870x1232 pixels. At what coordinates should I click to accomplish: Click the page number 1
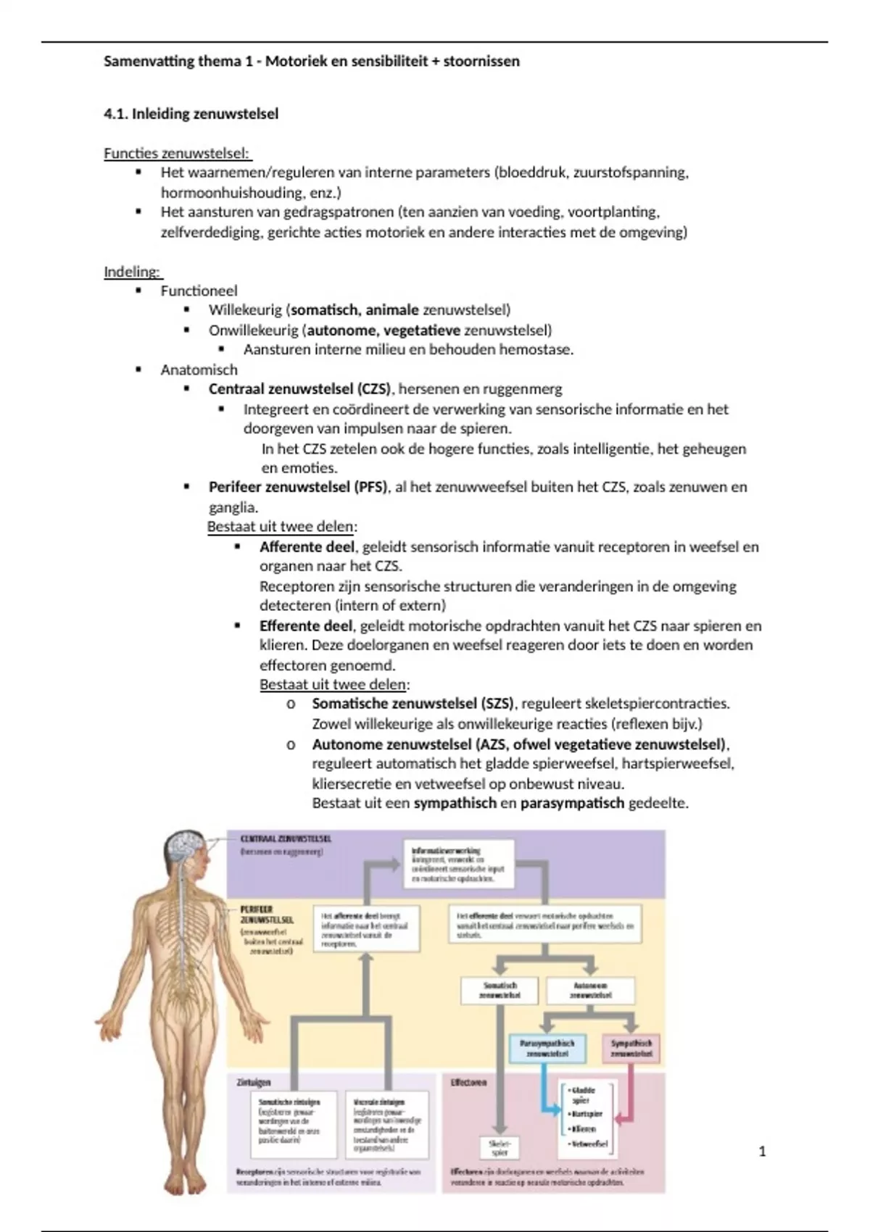tap(762, 1151)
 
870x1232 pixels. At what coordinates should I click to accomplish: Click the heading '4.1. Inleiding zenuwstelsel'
tap(191, 114)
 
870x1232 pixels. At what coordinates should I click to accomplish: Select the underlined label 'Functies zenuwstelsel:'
tap(177, 153)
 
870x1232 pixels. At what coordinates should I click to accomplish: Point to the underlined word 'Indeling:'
tap(132, 272)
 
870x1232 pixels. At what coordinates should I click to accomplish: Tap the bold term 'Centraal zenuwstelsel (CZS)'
tap(299, 389)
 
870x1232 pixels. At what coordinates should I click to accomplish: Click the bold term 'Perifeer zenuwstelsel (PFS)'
tap(298, 487)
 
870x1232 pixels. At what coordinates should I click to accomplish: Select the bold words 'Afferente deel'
tap(307, 546)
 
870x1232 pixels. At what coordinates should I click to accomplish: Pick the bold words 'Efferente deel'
tap(306, 625)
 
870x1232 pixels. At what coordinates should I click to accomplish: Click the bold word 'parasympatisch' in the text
tap(572, 803)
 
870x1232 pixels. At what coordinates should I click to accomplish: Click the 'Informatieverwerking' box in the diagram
tap(458, 864)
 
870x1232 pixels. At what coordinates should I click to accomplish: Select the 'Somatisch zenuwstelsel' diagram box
tap(500, 991)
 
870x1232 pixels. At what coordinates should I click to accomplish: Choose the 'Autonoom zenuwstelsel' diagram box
tap(590, 991)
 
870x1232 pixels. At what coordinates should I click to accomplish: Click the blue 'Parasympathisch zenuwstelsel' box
tap(547, 1048)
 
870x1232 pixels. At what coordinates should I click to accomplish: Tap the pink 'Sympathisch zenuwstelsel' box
tap(631, 1048)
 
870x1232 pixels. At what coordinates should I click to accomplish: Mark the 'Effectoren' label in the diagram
tap(468, 1082)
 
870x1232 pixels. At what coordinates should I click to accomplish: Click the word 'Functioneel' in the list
tap(199, 291)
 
